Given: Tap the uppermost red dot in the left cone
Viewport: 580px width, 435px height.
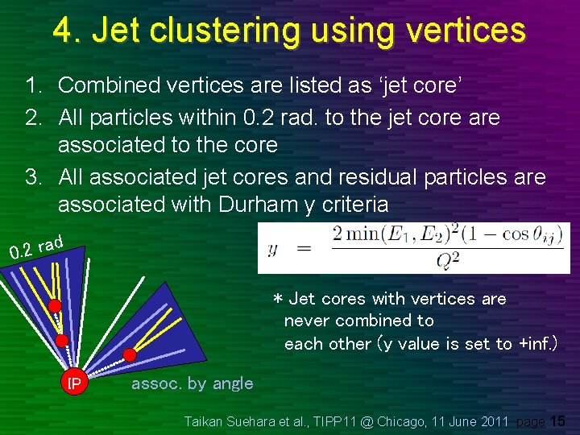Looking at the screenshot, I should pos(54,307).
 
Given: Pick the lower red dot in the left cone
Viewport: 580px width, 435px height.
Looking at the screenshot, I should pos(61,340).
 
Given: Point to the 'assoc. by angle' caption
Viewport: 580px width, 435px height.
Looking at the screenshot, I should pos(192,383).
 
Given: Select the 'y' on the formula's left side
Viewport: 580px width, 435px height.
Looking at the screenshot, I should pos(272,248).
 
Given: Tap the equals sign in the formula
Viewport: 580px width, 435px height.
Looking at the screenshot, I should pos(304,248).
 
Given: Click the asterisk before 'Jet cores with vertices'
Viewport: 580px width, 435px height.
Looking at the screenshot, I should pos(278,300).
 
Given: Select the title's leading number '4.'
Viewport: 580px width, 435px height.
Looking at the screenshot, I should pos(67,31).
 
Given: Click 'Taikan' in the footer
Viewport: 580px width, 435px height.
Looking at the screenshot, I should pos(205,421).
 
